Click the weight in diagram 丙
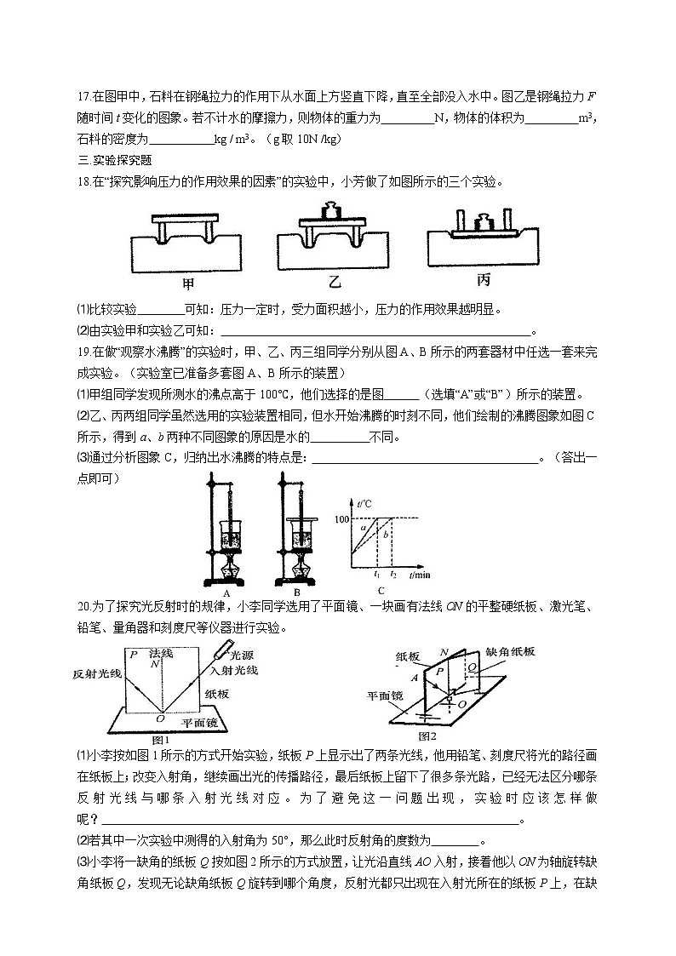pyautogui.click(x=483, y=224)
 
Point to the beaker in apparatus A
pyautogui.click(x=231, y=537)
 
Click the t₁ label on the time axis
pyautogui.click(x=377, y=576)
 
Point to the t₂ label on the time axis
pyautogui.click(x=392, y=576)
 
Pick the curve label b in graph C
pyautogui.click(x=385, y=535)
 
